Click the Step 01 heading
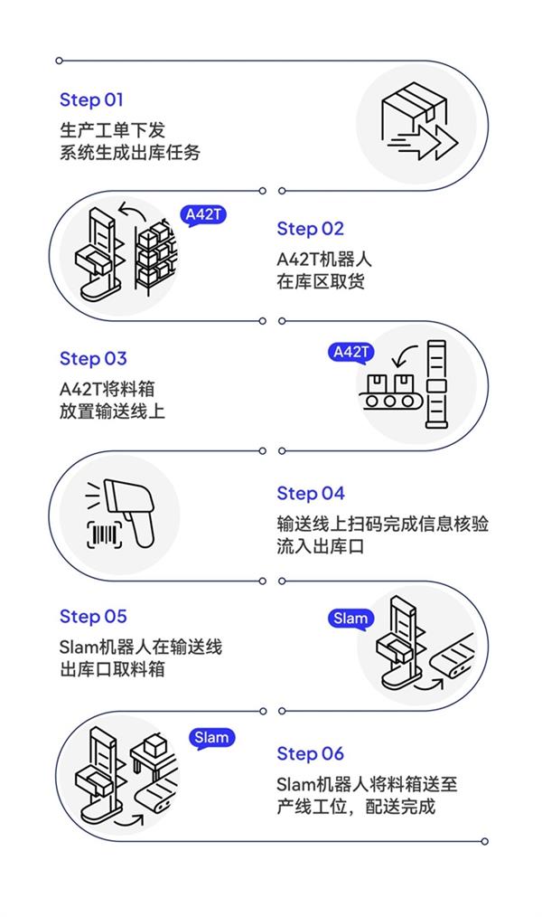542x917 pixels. coord(91,99)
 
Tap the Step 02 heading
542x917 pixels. coord(310,229)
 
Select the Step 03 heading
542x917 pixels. coord(93,359)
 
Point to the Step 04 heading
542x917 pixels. coord(311,493)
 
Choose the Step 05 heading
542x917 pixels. coord(93,617)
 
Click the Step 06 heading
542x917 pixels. coord(310,753)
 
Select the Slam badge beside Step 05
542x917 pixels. coord(350,619)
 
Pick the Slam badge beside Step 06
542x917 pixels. coord(211,738)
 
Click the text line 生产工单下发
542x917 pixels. coord(112,130)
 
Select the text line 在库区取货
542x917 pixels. coord(321,281)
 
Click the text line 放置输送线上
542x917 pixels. coord(112,411)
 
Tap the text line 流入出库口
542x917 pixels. coord(321,546)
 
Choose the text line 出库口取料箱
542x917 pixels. coord(112,670)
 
